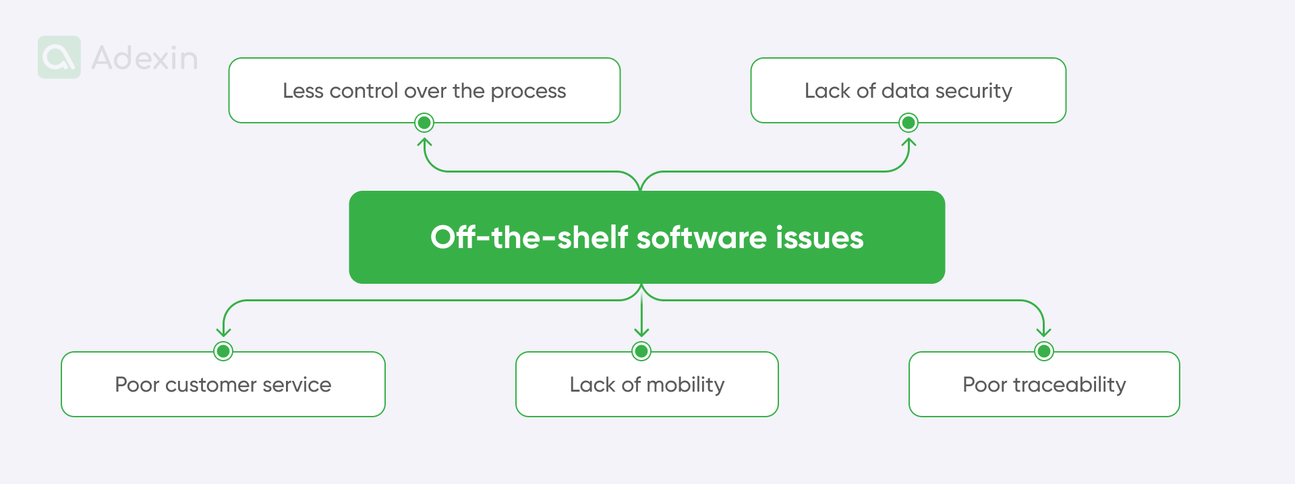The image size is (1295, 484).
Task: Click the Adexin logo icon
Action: pyautogui.click(x=59, y=57)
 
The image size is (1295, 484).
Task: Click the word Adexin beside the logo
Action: pyautogui.click(x=144, y=58)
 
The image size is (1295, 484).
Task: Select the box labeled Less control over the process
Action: pyautogui.click(x=424, y=90)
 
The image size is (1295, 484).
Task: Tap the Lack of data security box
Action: pyautogui.click(x=908, y=90)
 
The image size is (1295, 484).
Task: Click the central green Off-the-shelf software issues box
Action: pyautogui.click(x=647, y=237)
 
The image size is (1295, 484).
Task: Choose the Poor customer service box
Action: pyautogui.click(x=223, y=384)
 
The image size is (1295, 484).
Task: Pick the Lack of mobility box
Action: pyautogui.click(x=647, y=384)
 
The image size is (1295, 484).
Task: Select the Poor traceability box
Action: pyautogui.click(x=1044, y=384)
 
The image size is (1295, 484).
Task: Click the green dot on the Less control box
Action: pyautogui.click(x=424, y=123)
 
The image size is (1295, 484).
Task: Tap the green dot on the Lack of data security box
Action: pyautogui.click(x=909, y=123)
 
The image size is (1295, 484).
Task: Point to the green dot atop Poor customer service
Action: pyautogui.click(x=223, y=351)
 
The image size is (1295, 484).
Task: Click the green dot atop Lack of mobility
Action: pyautogui.click(x=641, y=351)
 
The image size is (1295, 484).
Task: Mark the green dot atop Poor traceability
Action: pyautogui.click(x=1044, y=351)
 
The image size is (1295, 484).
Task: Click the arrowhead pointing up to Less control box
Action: pyautogui.click(x=424, y=142)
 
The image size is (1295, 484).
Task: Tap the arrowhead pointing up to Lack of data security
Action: pyautogui.click(x=909, y=142)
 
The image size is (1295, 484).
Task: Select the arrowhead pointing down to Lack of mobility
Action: pyautogui.click(x=641, y=332)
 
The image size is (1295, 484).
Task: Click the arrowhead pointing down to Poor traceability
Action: pyautogui.click(x=1044, y=332)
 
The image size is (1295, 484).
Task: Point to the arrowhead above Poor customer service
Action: pyautogui.click(x=223, y=332)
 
